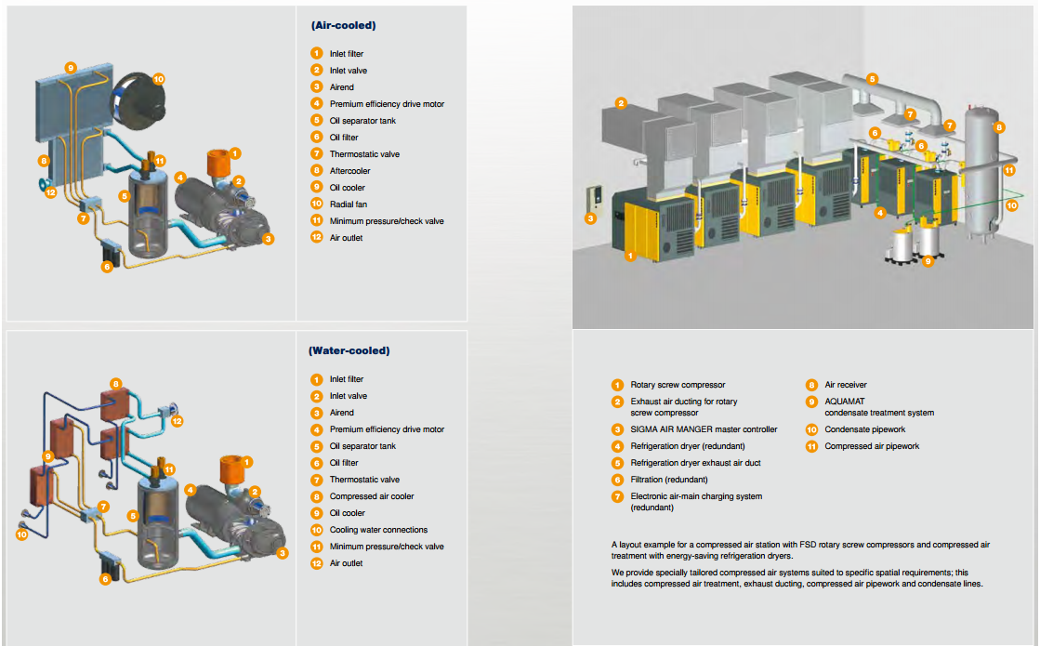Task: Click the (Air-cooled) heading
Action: coord(344,26)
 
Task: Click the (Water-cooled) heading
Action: coord(349,351)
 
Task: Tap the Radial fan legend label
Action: coord(349,204)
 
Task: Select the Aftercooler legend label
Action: coord(350,171)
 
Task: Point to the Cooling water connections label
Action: coord(378,530)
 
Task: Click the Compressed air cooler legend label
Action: coord(372,496)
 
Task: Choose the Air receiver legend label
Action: coord(846,385)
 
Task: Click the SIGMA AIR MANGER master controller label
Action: coord(704,429)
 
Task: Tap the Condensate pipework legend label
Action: coord(864,429)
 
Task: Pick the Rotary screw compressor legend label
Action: coord(678,385)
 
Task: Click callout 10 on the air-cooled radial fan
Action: coord(158,79)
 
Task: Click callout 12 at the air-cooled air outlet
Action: coord(51,192)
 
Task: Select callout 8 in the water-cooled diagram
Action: coord(115,384)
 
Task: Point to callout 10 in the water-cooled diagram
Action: coord(22,534)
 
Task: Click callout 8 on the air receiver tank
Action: coord(999,127)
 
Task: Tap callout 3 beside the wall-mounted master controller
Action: coord(590,219)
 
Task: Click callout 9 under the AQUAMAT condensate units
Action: coord(928,261)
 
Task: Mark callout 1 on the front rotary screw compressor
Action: coord(630,255)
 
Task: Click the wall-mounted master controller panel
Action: coord(596,199)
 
